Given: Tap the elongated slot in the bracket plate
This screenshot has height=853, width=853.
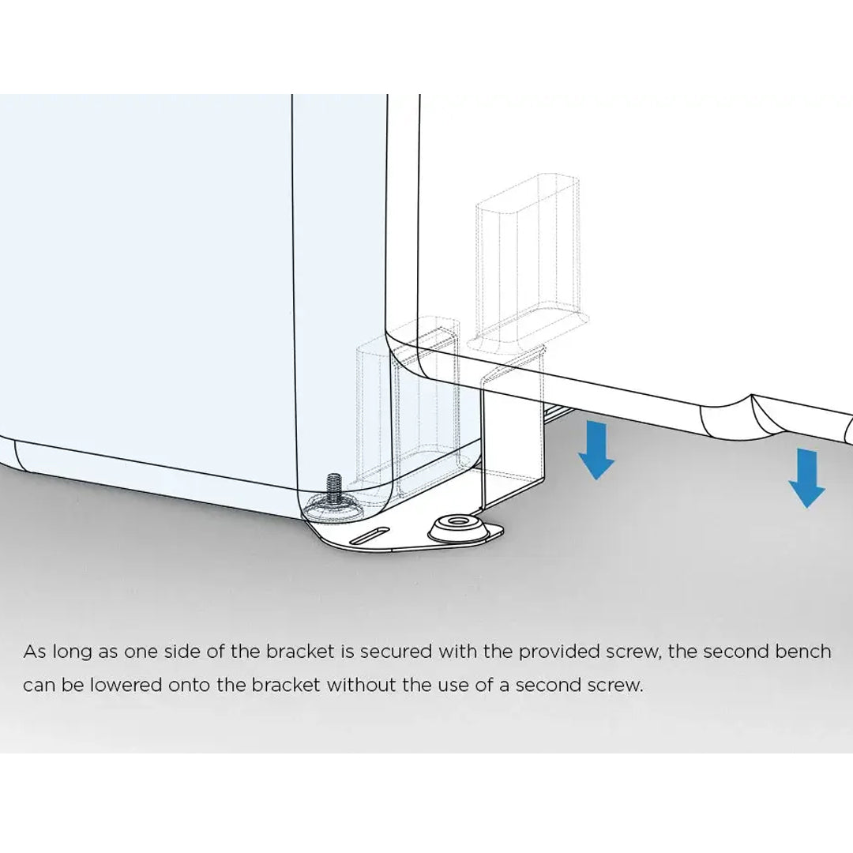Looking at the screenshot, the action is (370, 535).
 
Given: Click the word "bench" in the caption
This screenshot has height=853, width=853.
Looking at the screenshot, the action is (803, 652).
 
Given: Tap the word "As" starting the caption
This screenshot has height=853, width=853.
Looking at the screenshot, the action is (35, 652).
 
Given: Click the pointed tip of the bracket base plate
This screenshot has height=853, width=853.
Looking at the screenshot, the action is (503, 528).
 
